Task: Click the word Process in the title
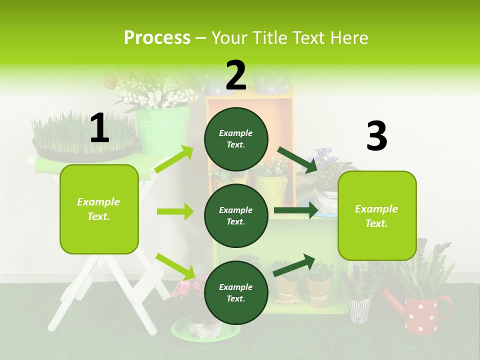click(157, 38)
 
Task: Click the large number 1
click(99, 128)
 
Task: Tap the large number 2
click(236, 75)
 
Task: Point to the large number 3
click(376, 136)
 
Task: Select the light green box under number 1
click(99, 209)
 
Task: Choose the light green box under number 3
click(377, 216)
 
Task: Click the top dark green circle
click(236, 139)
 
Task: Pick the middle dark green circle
click(236, 215)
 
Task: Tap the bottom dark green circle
click(236, 292)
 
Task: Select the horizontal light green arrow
click(175, 211)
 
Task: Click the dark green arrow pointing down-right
click(297, 160)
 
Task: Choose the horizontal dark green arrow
click(295, 210)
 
